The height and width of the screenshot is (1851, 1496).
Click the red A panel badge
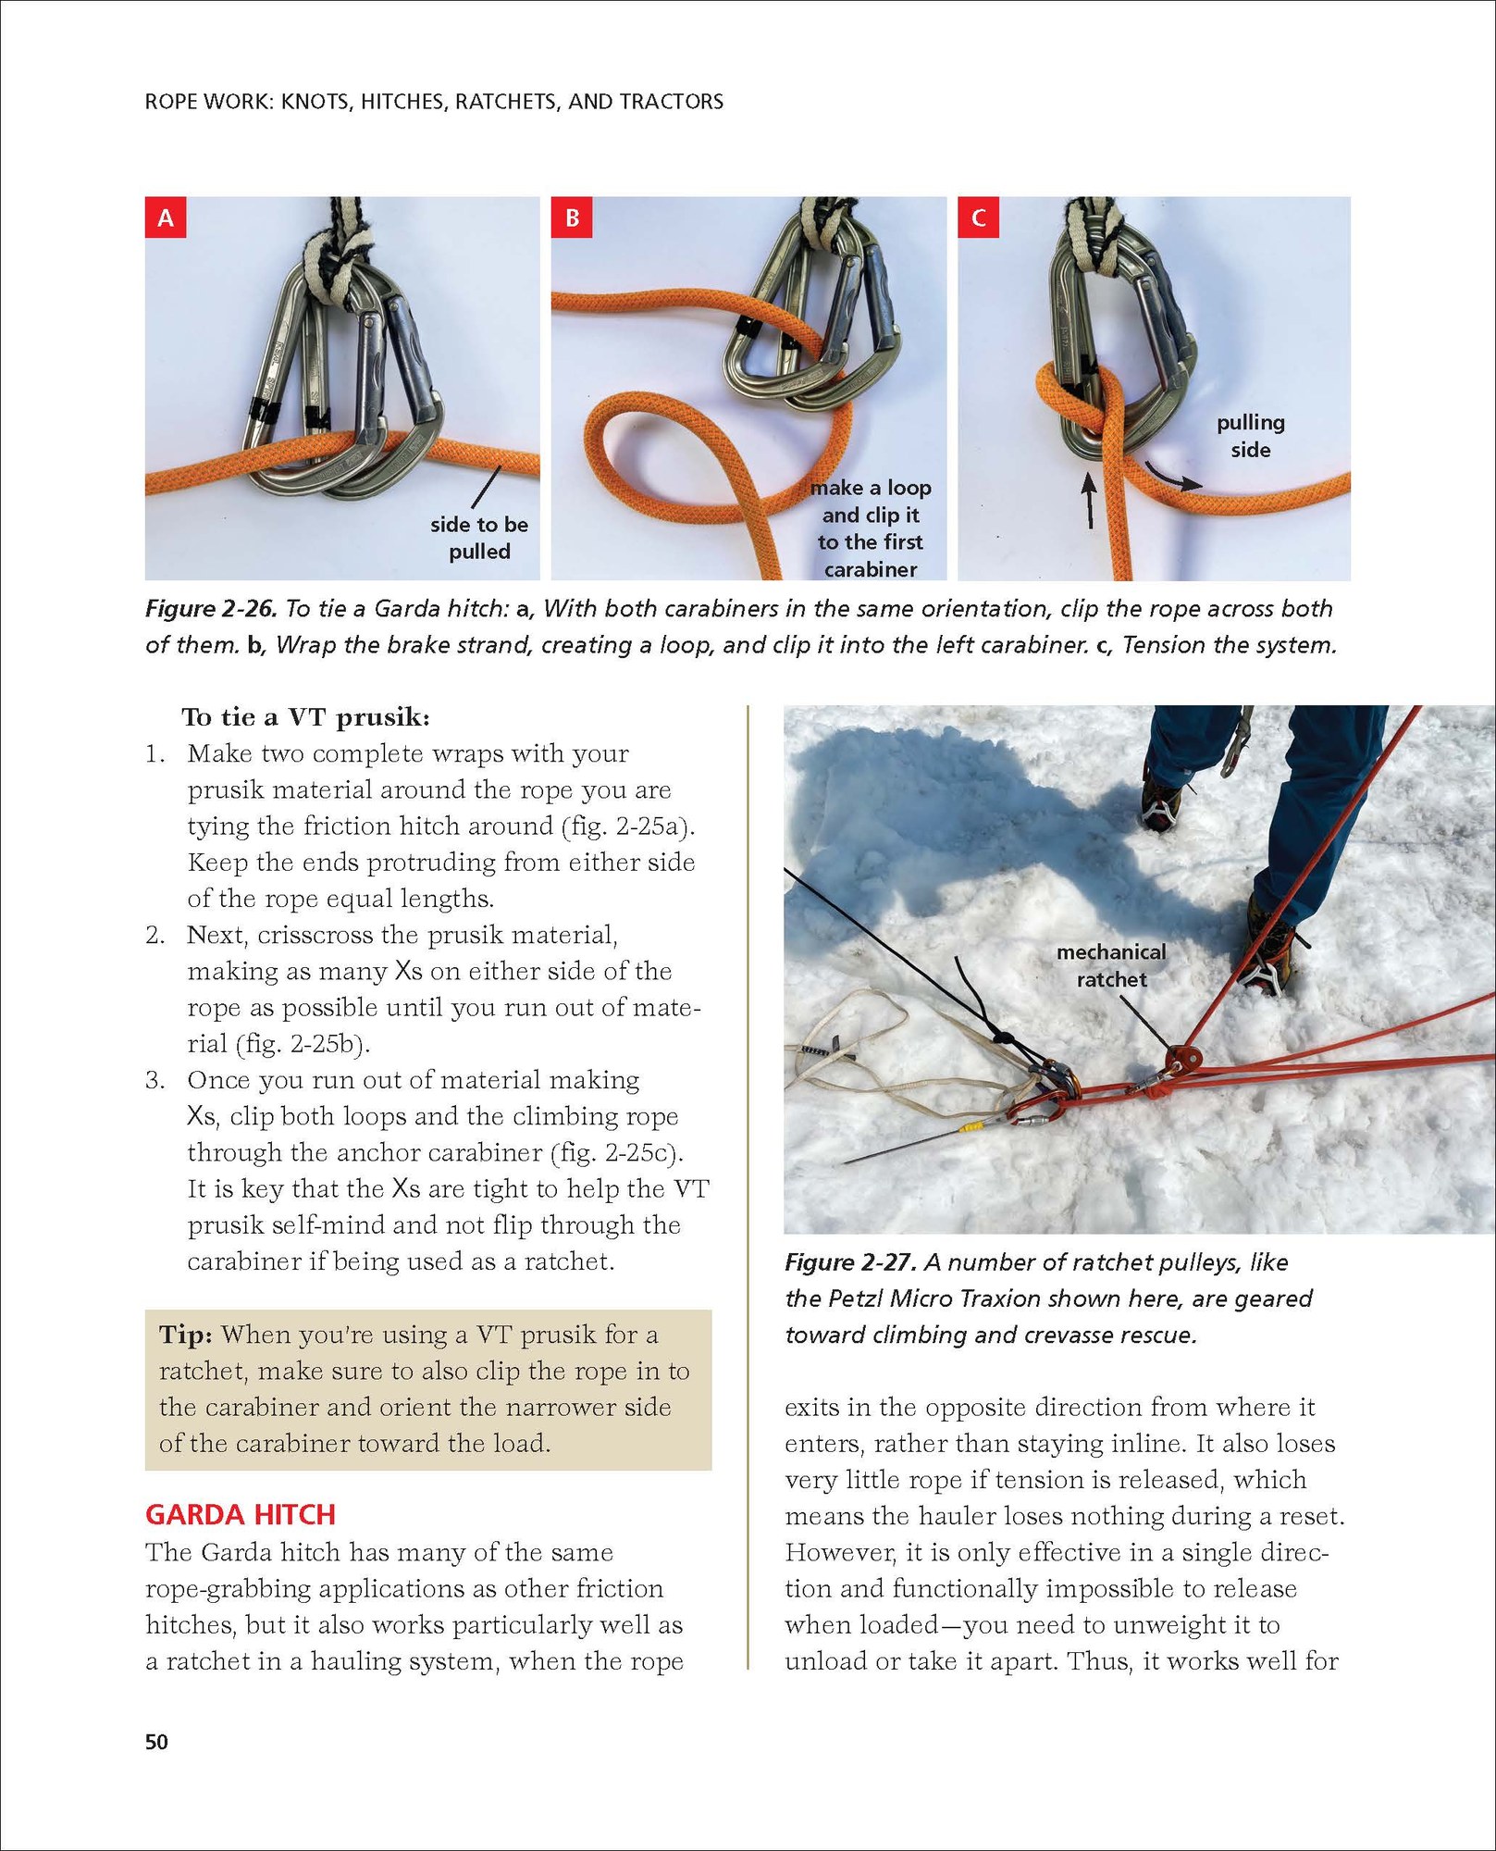coord(166,217)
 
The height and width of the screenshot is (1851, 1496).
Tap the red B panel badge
coord(572,217)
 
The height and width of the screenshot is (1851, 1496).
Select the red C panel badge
coord(978,217)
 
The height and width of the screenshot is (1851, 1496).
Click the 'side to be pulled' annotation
coord(479,538)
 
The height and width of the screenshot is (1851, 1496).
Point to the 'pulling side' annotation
coord(1250,436)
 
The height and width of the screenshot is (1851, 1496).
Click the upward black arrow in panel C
coord(1089,500)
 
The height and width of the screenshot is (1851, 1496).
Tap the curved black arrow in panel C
coord(1174,474)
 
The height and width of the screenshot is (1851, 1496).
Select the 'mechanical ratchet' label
coord(1111,965)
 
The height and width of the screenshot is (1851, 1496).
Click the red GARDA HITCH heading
coord(241,1515)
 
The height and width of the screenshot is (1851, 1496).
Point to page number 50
coord(157,1742)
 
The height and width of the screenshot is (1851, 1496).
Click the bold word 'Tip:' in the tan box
coord(186,1335)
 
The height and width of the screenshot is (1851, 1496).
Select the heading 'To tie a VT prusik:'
coord(306,717)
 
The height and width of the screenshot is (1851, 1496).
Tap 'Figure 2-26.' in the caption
coord(211,609)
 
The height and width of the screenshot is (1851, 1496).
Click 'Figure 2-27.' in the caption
coord(851,1262)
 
